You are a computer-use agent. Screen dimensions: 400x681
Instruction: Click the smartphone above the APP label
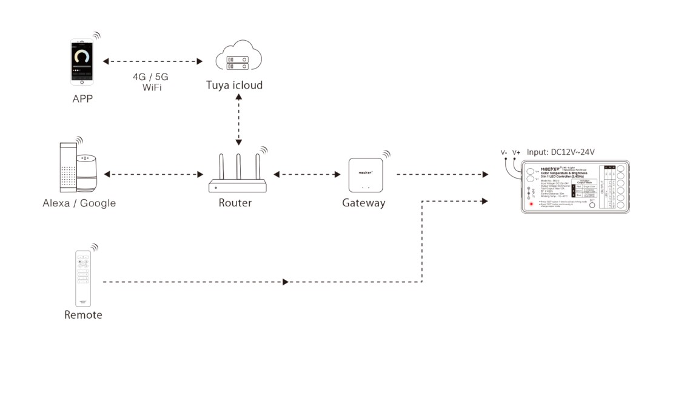[82, 61]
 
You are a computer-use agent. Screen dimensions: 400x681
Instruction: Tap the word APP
[82, 98]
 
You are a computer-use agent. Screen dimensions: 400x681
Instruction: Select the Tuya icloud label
[234, 85]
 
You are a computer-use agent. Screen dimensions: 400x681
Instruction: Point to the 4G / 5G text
[150, 77]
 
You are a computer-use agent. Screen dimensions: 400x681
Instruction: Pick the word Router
[235, 203]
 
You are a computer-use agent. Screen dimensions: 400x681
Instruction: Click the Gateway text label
[364, 203]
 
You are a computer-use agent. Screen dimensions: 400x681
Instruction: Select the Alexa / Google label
[79, 203]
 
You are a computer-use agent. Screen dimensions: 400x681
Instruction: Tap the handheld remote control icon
[83, 279]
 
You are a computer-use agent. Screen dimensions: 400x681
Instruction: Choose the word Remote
[83, 315]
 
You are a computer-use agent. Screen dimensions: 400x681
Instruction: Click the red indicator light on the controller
[532, 204]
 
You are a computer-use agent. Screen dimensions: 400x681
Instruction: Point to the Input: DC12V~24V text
[561, 152]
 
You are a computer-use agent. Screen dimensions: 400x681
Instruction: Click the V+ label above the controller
[516, 152]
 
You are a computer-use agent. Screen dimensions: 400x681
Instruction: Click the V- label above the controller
[504, 152]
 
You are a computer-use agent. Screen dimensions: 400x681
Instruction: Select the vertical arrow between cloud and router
[239, 120]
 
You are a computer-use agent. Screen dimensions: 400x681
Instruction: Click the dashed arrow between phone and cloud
[152, 61]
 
